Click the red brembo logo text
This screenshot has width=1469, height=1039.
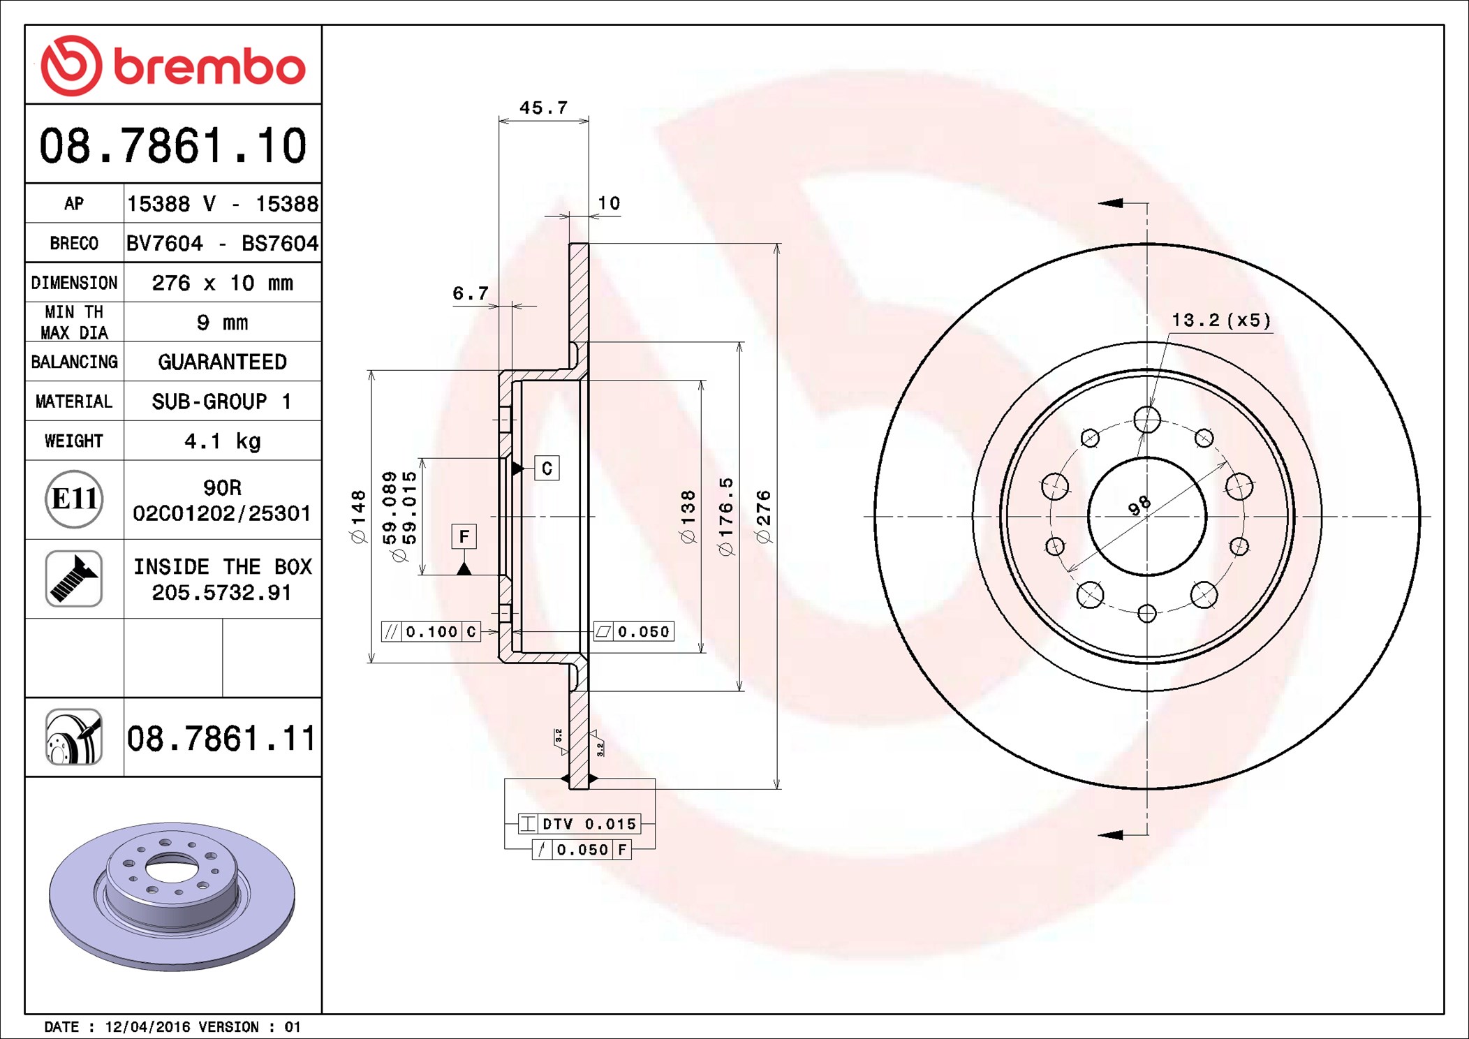(209, 67)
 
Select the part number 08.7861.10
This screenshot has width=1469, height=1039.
(173, 146)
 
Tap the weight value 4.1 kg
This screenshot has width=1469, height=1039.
(222, 441)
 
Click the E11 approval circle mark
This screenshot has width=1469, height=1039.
(74, 499)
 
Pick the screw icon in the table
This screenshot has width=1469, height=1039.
(74, 578)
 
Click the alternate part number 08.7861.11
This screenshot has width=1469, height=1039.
(221, 739)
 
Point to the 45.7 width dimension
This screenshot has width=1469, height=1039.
(543, 108)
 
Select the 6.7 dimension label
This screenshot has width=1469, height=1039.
(470, 293)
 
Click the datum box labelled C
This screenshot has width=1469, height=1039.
(547, 469)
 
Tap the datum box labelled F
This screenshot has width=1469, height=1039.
(464, 536)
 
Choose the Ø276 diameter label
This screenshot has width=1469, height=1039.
(763, 517)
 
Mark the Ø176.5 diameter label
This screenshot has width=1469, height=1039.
(726, 517)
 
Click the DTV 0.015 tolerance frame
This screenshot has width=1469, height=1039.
(579, 824)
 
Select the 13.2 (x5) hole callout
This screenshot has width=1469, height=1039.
(1220, 320)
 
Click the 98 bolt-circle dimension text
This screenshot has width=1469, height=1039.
(1139, 505)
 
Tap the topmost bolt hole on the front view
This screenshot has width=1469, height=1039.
(1147, 420)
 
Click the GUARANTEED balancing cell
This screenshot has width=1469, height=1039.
(222, 362)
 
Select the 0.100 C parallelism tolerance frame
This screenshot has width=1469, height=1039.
(431, 632)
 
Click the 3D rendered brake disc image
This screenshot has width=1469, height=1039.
(172, 895)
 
